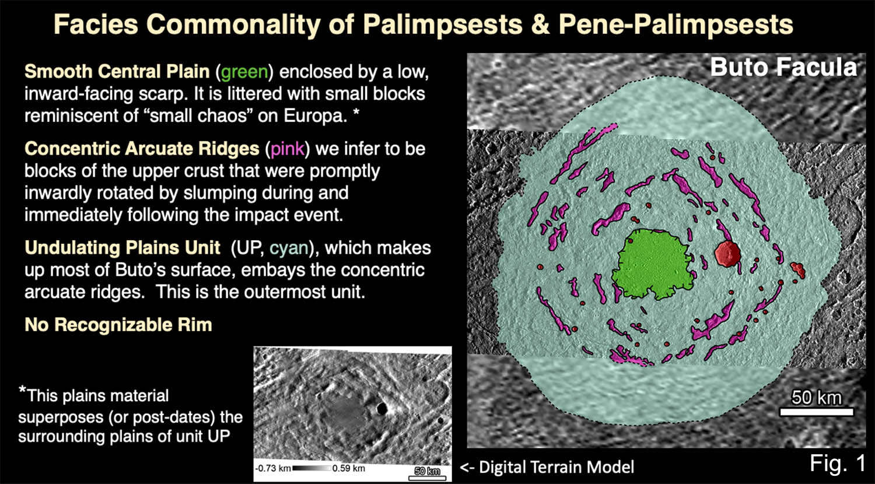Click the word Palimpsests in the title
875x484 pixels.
442,24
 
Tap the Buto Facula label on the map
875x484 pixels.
783,67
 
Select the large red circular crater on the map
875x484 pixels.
727,254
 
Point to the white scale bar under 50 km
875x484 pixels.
817,412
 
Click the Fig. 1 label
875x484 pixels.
838,463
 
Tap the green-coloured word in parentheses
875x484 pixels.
244,72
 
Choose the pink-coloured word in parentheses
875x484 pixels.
287,149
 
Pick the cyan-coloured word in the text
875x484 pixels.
289,248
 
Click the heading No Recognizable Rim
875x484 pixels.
118,325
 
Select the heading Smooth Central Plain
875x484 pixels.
117,72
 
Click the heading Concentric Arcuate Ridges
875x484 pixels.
142,149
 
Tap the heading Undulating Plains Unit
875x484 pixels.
123,248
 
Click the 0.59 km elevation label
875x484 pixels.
349,468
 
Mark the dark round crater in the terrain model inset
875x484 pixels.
381,408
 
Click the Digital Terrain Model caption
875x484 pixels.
547,467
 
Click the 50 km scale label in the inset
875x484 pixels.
428,471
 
